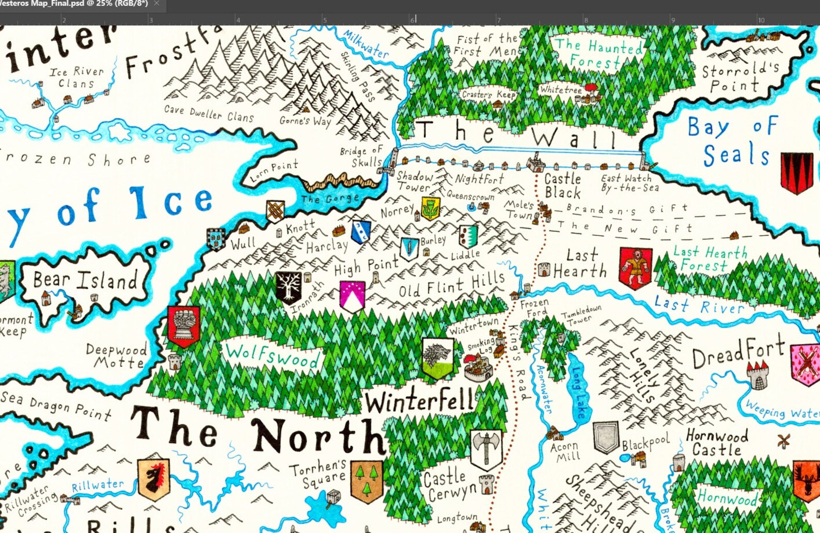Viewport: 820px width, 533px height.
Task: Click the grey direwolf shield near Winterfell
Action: point(438,358)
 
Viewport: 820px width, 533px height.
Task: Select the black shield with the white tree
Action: point(288,287)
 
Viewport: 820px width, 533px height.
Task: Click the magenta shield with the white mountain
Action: point(353,297)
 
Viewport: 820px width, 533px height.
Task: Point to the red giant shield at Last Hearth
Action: point(636,268)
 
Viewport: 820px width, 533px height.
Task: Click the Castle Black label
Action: point(562,186)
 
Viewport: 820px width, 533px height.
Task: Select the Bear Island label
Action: point(85,280)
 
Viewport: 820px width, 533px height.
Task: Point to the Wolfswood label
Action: point(272,356)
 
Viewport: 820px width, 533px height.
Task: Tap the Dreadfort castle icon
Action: point(758,375)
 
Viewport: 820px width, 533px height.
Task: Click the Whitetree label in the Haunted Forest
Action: point(560,90)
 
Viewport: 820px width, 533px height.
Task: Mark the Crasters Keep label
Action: point(488,94)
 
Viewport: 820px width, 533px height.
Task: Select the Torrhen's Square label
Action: point(318,474)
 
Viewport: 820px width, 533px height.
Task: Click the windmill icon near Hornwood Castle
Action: point(784,442)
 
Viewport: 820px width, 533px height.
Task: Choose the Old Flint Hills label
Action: point(452,285)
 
